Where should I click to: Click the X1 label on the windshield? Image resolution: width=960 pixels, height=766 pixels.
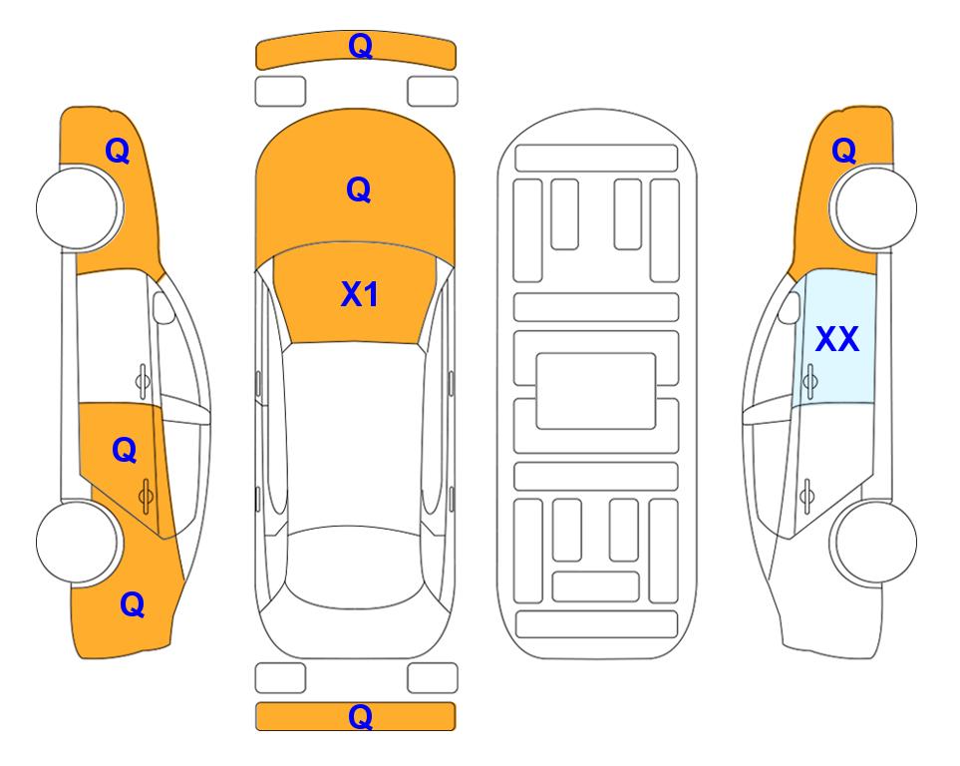360,294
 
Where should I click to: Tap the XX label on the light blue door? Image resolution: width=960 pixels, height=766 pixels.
837,339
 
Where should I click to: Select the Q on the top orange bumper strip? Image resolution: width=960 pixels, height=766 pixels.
360,46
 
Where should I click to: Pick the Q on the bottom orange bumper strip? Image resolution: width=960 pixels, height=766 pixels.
360,716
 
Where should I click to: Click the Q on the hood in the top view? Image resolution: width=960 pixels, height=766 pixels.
359,190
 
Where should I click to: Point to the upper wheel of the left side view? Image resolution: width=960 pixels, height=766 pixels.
79,207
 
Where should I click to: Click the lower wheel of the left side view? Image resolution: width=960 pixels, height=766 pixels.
79,542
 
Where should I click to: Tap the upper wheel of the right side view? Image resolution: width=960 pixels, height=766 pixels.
873,207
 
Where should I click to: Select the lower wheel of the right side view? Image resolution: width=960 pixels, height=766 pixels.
873,542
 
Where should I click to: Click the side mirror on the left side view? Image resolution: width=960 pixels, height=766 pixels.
162,307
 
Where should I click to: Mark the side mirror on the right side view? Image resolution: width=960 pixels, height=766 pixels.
790,307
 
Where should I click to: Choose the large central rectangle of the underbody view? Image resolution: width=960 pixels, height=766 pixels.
596,391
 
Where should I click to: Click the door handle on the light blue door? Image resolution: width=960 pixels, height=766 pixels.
810,381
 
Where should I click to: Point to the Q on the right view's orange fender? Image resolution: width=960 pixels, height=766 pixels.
843,151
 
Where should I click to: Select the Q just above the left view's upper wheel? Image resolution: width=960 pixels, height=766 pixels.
118,151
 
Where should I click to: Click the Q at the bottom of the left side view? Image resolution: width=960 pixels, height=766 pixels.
133,604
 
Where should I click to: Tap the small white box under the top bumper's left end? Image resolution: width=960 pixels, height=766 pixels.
280,92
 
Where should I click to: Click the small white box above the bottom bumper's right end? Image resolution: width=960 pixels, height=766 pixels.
433,678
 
